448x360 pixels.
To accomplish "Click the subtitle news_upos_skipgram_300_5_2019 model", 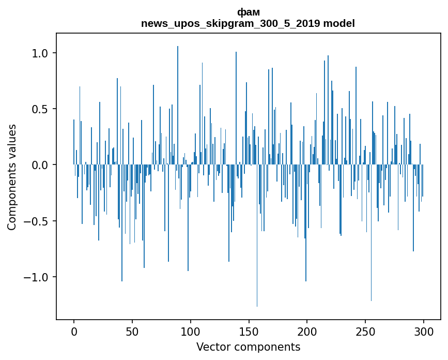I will [248, 23].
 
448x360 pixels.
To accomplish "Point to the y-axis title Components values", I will [12, 177].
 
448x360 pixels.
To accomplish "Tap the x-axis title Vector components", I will [248, 347].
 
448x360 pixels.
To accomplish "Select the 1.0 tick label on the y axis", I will [40, 53].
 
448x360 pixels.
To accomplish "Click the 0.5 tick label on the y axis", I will [40, 109].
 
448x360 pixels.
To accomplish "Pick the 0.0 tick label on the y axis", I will [40, 165].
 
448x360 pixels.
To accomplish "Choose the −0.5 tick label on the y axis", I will [36, 221].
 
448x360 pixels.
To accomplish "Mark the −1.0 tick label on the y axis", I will [36, 277].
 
